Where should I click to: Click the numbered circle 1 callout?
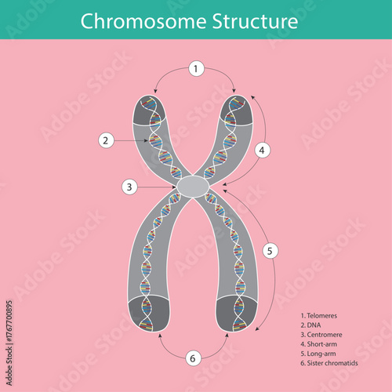(x=195, y=69)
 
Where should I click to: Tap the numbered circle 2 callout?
(x=107, y=140)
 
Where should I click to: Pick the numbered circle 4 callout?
(x=263, y=148)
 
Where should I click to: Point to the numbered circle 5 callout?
(x=270, y=251)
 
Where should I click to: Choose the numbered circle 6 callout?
(x=194, y=358)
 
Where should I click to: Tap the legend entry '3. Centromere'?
(x=321, y=332)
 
